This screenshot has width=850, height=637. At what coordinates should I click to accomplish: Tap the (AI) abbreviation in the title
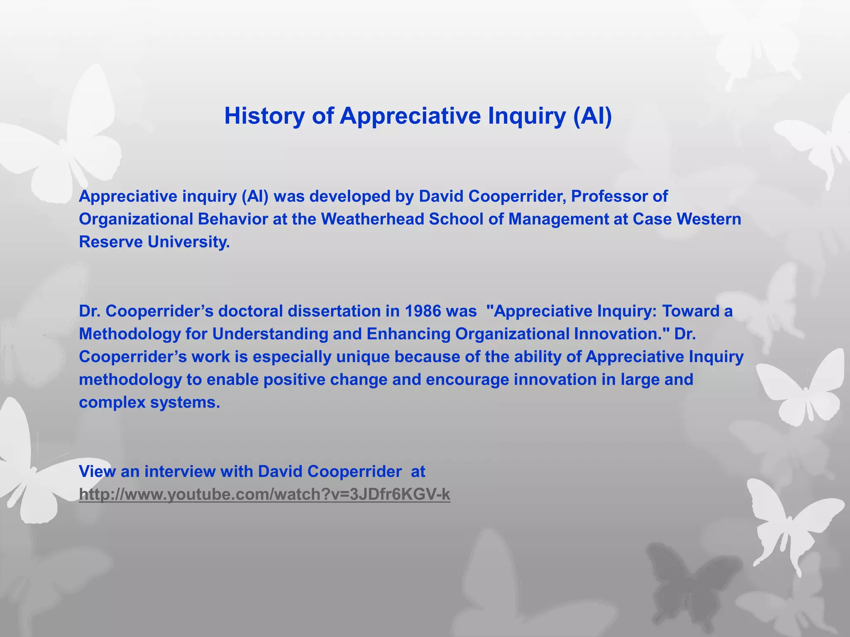592,116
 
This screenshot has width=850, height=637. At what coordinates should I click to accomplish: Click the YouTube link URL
264,494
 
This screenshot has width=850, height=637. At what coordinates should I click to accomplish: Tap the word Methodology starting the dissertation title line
129,334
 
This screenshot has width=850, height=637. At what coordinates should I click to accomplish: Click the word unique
363,357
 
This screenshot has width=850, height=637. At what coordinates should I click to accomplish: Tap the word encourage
467,379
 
